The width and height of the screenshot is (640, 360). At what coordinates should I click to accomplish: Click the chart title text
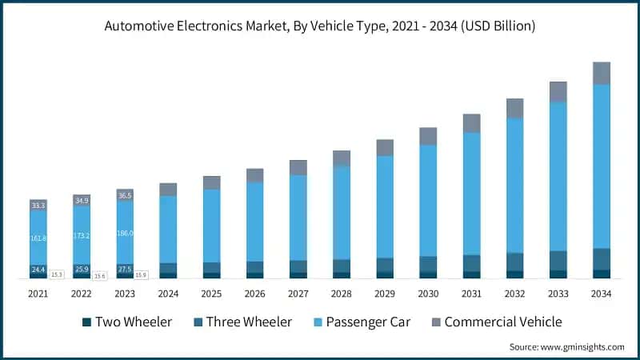(320, 26)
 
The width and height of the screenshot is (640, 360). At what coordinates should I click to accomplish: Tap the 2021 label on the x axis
(38, 294)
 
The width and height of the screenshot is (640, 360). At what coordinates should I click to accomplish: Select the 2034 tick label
(601, 294)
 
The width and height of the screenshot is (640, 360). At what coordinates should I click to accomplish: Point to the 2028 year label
(341, 294)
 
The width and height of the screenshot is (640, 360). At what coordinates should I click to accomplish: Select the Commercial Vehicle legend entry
(495, 322)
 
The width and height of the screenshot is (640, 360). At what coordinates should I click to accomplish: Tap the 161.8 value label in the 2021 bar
(38, 238)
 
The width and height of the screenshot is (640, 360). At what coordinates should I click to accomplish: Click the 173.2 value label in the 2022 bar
(81, 237)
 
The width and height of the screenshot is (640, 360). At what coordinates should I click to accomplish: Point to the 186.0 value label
(124, 233)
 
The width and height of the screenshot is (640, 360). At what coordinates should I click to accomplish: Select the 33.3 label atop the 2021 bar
(38, 206)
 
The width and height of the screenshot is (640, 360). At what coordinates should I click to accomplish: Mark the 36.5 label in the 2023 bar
(125, 195)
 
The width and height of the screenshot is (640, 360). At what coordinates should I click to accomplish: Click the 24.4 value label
(38, 270)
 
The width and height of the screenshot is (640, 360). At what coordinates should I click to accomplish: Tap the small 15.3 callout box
(57, 274)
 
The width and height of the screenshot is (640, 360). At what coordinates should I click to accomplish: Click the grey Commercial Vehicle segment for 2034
(601, 73)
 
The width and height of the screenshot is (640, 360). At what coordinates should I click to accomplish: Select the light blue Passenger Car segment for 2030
(428, 200)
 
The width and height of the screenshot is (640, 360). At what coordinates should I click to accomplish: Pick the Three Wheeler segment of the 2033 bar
(558, 260)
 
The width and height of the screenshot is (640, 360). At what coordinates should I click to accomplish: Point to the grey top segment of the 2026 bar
(254, 175)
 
